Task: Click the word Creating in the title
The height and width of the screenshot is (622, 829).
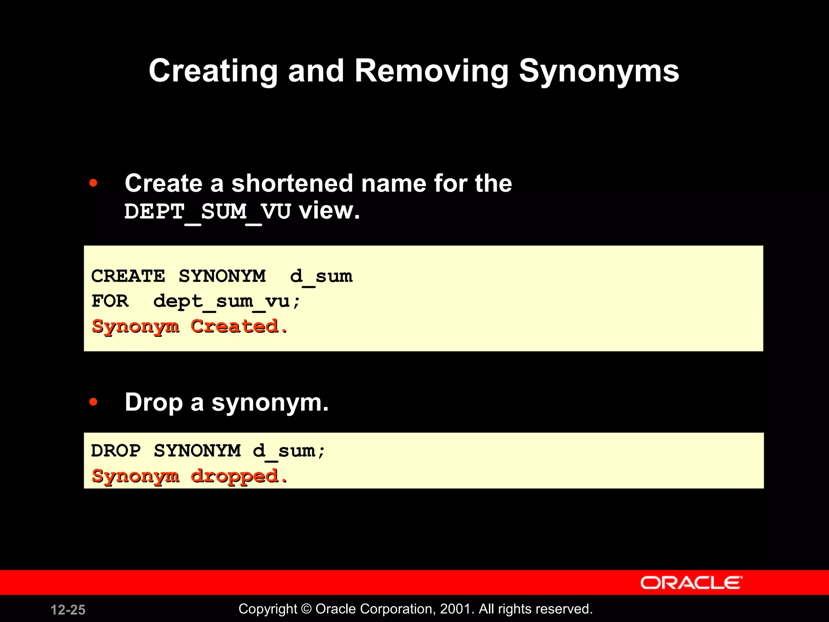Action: (213, 71)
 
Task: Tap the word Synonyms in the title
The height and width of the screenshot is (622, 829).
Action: (599, 71)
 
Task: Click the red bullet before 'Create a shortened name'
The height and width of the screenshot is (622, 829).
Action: (94, 183)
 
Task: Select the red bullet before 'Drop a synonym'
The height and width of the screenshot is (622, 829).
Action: (94, 402)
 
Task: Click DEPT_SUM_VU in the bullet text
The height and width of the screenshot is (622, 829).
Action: (207, 211)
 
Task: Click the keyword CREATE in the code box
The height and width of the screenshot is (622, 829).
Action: (128, 276)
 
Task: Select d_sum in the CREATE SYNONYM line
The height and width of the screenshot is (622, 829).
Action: (321, 276)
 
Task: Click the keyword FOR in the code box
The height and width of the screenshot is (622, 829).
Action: (110, 301)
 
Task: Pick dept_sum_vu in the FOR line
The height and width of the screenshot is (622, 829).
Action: (227, 301)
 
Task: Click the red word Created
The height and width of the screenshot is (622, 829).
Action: (239, 326)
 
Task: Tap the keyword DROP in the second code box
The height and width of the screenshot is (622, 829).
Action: (116, 451)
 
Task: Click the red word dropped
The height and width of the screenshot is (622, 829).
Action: (239, 476)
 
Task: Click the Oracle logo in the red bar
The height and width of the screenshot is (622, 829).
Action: (691, 583)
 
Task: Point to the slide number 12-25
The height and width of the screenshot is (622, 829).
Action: (68, 609)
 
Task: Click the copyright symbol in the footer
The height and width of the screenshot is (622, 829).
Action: (306, 609)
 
